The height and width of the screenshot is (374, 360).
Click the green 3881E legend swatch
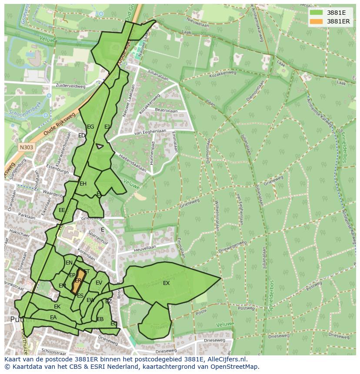point(316,13)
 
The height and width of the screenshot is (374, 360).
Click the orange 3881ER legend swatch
point(316,21)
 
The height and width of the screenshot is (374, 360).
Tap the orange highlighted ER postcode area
point(78,281)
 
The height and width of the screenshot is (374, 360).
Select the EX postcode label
point(166,283)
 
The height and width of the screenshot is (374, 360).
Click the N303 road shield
point(27,147)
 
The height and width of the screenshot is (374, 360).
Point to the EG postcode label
point(90,127)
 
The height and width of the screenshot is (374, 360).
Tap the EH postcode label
point(83,184)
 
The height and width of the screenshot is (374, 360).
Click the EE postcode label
point(62,210)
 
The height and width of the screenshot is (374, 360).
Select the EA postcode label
point(53,318)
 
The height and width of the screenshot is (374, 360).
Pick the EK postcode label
point(57,307)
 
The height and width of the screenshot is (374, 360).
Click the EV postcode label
point(99,283)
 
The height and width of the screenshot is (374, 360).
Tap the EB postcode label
point(100,319)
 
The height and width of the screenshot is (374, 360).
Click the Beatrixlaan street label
point(167,111)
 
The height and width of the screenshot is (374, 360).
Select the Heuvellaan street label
point(145,248)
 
